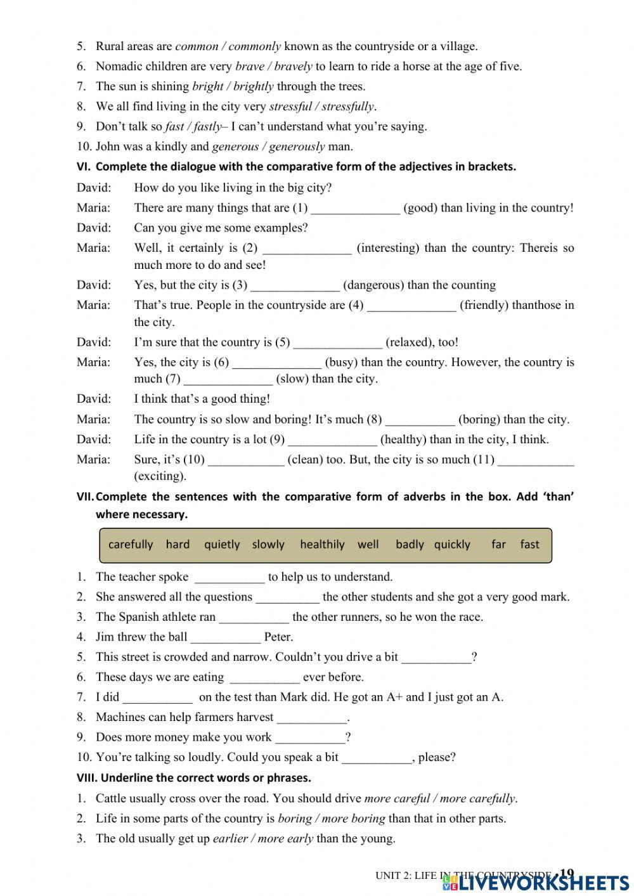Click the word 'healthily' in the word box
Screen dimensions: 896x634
(322, 544)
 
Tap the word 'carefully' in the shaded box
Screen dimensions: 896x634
(131, 544)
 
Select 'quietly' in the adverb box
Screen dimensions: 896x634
(222, 544)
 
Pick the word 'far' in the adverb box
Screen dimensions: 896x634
(498, 544)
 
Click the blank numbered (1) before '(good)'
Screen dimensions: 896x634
(356, 208)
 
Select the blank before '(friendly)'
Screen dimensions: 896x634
(411, 306)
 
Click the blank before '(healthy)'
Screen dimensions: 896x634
(332, 439)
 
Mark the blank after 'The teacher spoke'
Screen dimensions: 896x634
(230, 577)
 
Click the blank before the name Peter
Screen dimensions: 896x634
(226, 637)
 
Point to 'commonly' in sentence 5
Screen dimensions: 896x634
(254, 46)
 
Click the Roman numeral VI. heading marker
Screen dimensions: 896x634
(84, 167)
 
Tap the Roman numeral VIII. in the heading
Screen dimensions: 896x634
(87, 777)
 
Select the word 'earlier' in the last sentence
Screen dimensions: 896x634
(230, 838)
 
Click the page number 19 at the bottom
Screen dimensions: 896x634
(567, 873)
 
